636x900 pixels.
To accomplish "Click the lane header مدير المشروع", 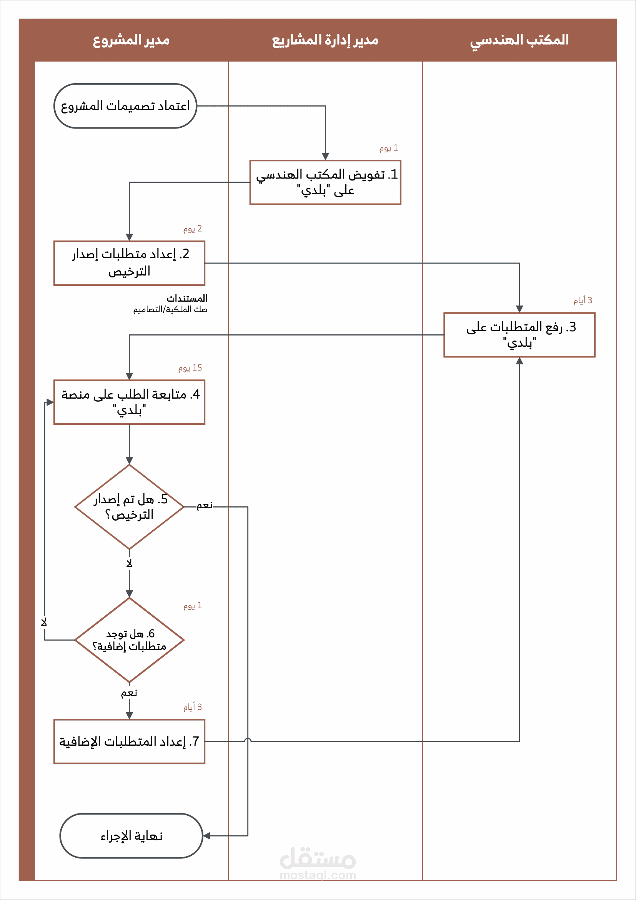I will [131, 40].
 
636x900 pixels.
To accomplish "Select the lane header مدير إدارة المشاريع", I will [325, 40].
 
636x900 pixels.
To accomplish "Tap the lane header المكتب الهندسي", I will [519, 40].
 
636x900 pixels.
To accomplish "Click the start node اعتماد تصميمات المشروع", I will [125, 106].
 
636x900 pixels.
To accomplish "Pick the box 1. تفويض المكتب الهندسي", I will [325, 182].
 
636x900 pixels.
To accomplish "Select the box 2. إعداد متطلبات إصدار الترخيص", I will [129, 263].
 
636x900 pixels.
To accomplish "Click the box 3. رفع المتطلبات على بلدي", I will [519, 335].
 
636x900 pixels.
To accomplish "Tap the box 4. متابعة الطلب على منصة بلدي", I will [129, 402].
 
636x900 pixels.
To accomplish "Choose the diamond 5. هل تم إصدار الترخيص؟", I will [129, 507].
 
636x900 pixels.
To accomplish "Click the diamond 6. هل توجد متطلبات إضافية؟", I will [129, 640].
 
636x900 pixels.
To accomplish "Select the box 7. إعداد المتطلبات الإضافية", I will [129, 741].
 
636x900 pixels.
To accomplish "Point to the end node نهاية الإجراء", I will [131, 836].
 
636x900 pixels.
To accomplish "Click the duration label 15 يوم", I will [190, 368].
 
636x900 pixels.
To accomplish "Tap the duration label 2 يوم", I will [193, 229].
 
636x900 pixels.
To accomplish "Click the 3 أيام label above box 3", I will [583, 301].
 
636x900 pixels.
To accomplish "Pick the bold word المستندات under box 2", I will [187, 298].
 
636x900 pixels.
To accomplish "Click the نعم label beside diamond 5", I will [205, 506].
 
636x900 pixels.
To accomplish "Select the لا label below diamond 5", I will [129, 564].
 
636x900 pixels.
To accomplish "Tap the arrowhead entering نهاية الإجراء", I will [206, 836].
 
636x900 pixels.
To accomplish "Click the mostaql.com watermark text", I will [318, 875].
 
